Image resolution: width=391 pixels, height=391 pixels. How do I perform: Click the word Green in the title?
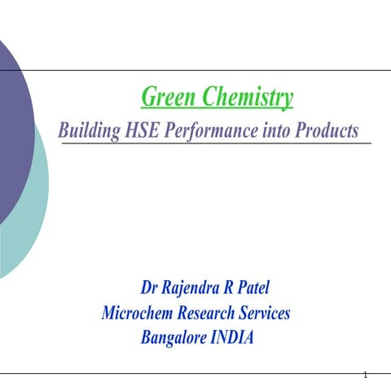pos(169,99)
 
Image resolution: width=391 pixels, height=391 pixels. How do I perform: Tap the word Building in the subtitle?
pos(90,130)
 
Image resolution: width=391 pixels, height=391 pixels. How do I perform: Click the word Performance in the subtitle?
pos(222,130)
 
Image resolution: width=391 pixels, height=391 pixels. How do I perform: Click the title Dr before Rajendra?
pos(150,288)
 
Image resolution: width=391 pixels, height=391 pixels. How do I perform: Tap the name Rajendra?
pos(194,288)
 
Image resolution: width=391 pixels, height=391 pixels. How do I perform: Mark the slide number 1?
pos(367,376)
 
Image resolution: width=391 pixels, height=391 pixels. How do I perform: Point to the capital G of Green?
pos(148,99)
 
